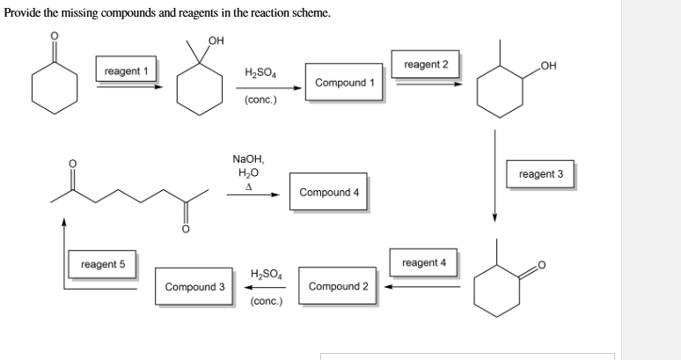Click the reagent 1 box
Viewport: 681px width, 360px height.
[x=127, y=70]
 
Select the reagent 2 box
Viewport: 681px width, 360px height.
[x=426, y=65]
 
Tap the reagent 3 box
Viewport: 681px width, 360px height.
[x=541, y=174]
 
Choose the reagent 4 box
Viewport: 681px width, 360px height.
[x=424, y=263]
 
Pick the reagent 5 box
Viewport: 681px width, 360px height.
[x=103, y=264]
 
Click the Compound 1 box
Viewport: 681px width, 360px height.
[x=345, y=83]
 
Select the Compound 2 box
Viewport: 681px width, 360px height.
[x=339, y=287]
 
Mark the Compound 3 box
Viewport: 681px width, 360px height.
[x=195, y=287]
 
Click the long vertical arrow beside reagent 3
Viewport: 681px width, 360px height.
[x=495, y=176]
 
